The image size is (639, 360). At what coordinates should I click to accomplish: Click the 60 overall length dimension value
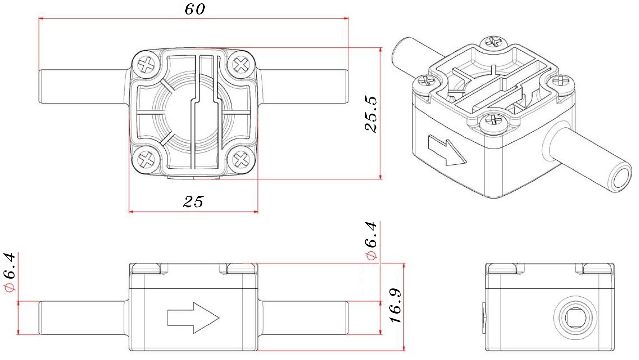(x=195, y=9)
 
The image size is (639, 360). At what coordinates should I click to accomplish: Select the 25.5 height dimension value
(x=371, y=114)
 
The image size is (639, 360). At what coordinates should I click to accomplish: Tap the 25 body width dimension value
(x=193, y=202)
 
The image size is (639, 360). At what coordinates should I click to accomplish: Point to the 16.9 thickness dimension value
(x=396, y=305)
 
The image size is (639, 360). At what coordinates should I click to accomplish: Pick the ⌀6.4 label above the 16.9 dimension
(x=371, y=241)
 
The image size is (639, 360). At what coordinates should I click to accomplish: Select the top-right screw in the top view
(x=241, y=64)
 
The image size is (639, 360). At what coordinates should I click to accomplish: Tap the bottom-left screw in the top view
(x=146, y=159)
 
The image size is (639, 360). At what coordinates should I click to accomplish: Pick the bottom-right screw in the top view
(x=241, y=159)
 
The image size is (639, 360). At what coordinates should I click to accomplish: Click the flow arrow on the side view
(x=193, y=318)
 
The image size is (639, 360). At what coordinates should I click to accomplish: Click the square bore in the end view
(x=575, y=318)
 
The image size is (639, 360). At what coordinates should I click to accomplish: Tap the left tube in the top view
(x=82, y=86)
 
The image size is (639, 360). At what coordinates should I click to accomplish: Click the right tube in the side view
(x=303, y=318)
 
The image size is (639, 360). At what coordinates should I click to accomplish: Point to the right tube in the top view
(x=303, y=86)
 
